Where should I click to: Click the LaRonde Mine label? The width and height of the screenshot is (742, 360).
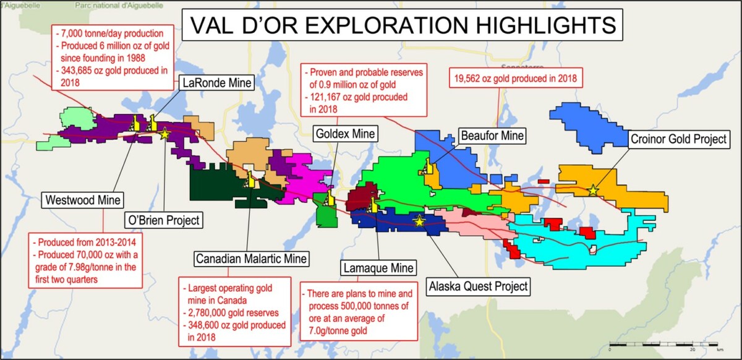pos(217,82)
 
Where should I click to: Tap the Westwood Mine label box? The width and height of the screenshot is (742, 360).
pos(83,200)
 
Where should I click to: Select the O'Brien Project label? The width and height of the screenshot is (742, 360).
pos(164,220)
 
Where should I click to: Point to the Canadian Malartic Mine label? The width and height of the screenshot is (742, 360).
pos(252,259)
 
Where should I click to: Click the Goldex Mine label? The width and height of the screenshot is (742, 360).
pos(345,134)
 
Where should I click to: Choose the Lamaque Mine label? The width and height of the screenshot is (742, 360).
pos(378,268)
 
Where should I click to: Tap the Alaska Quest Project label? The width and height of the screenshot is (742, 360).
pos(478,286)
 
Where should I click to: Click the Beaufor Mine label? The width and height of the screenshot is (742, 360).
pos(492,135)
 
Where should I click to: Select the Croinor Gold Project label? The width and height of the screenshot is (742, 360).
pos(678,139)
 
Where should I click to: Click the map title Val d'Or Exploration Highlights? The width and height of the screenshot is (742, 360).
pos(403,25)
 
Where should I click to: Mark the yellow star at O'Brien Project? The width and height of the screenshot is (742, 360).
pos(164,134)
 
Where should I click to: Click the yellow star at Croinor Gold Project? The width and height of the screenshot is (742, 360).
pos(593,191)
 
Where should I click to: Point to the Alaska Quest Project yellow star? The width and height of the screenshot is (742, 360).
pos(419,221)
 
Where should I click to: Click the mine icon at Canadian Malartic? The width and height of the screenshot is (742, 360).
pos(249,180)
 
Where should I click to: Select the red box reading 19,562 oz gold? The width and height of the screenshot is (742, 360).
pos(516,78)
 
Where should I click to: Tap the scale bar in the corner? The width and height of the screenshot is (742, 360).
pos(663,345)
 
